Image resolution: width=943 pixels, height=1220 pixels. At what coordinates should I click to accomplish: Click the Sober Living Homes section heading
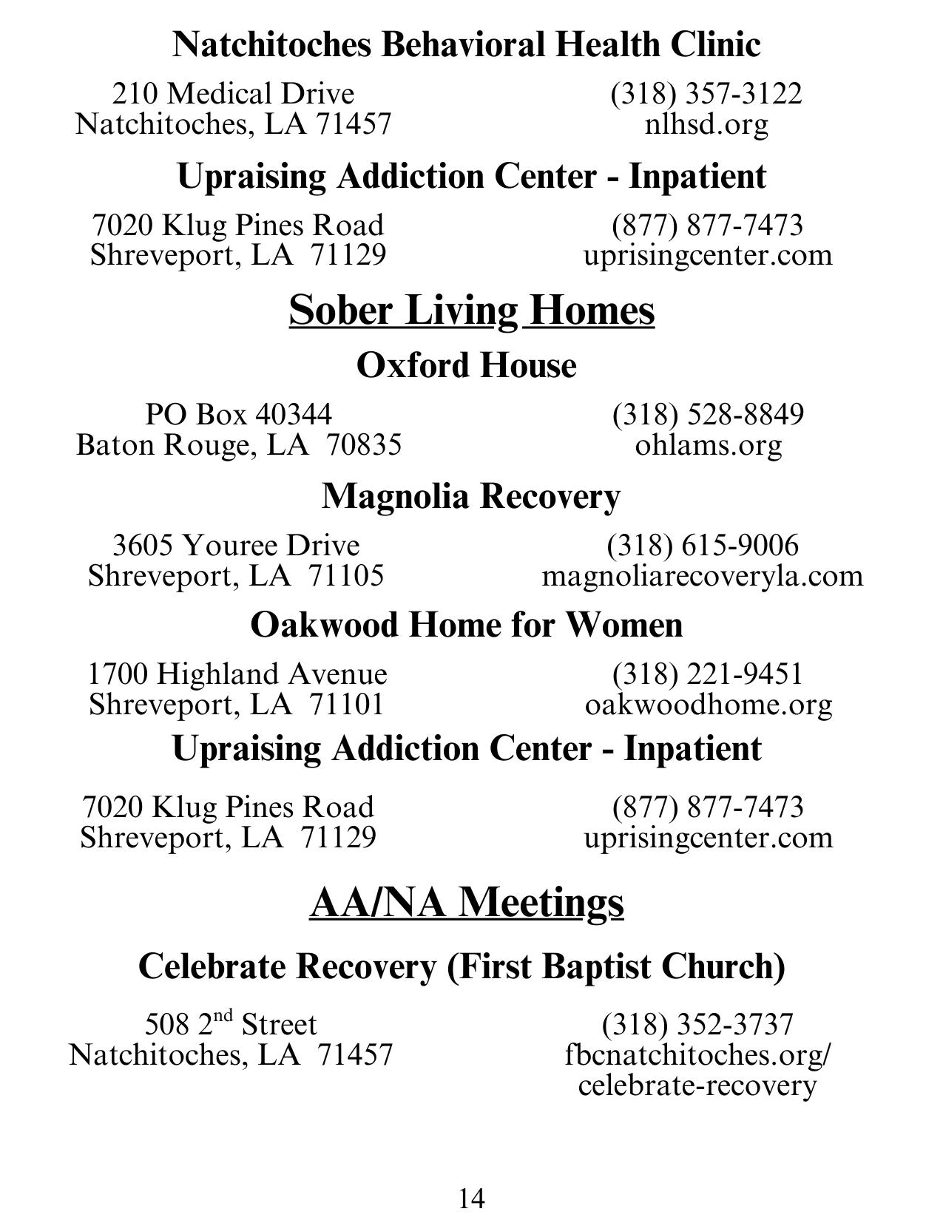pos(471,310)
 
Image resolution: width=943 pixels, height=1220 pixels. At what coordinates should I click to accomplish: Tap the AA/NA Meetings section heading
pos(467,902)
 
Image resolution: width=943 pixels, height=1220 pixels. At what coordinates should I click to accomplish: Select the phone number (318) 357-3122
pos(706,94)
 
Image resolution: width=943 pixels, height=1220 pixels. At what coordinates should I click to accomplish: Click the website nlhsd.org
pos(706,124)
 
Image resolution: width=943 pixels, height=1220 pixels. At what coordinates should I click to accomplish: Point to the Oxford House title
pos(466,365)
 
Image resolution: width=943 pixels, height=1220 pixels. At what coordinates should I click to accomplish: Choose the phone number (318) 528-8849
pos(707,415)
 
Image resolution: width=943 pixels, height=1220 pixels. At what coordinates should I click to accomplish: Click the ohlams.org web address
pos(708,445)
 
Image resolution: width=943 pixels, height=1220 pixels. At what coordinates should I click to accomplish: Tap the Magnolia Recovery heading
pos(470,495)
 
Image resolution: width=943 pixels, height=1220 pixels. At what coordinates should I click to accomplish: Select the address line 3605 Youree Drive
pos(236,546)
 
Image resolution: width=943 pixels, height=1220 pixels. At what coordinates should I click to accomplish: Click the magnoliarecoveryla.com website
pos(702,575)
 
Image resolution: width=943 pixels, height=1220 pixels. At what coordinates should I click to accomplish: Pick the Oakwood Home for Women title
pos(466,625)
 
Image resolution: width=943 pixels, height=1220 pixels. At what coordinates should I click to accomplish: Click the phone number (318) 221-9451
pos(707,674)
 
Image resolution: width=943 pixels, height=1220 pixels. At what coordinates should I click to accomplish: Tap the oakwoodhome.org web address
pos(708,704)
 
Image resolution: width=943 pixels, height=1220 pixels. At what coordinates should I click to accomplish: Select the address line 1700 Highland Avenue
pos(237,674)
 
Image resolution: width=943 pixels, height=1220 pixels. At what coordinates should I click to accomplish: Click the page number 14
pos(471,1198)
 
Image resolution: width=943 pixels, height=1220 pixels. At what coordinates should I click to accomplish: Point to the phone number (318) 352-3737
pos(697,1024)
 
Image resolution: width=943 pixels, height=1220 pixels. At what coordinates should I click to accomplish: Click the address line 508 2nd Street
pos(231,1024)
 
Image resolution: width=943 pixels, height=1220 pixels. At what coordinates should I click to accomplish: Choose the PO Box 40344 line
pos(238,415)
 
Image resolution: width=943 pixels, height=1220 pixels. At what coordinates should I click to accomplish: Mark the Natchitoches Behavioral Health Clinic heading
pos(466,44)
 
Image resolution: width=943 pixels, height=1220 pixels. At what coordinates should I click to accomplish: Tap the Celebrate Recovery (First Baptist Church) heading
pos(462,966)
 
